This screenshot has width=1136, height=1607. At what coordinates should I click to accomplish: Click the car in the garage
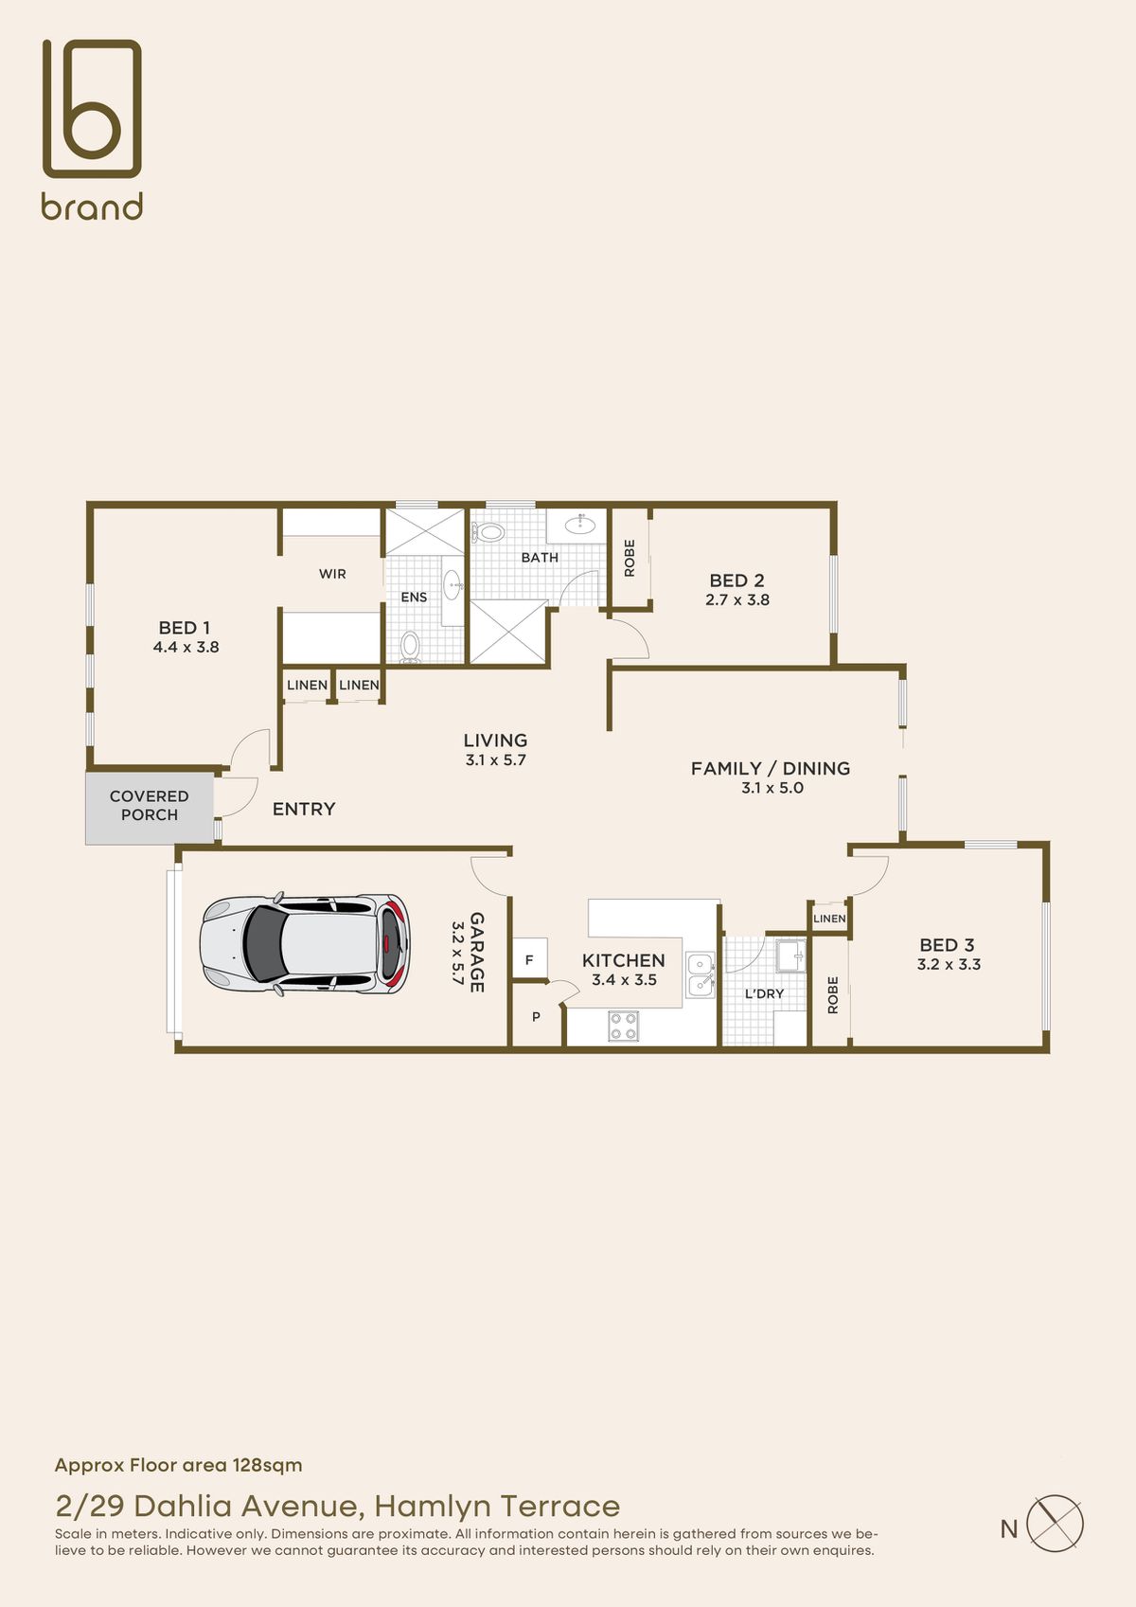click(x=306, y=944)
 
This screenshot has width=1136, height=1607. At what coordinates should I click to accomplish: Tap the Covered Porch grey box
click(x=150, y=807)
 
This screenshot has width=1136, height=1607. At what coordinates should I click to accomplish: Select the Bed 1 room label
click(x=185, y=628)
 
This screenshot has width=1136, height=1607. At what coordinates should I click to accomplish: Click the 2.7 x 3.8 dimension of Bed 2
click(x=737, y=600)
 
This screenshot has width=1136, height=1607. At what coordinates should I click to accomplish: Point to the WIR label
click(x=332, y=574)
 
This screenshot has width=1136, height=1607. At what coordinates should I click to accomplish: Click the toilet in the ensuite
click(x=410, y=646)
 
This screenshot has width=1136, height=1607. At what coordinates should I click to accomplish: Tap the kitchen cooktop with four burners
click(x=623, y=1026)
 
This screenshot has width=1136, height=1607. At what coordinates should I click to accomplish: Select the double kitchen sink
click(x=701, y=975)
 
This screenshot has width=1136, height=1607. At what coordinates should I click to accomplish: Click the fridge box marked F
click(x=529, y=960)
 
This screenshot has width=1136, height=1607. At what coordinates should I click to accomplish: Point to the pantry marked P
click(x=536, y=1017)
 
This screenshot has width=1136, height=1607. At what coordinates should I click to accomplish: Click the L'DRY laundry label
click(x=764, y=993)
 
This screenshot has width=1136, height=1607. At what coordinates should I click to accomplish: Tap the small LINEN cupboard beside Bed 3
click(x=829, y=919)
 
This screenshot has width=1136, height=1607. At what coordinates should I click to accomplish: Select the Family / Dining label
click(x=770, y=769)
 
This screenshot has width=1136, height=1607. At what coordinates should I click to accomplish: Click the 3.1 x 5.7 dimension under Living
click(x=495, y=760)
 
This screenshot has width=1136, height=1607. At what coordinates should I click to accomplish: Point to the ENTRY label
click(x=304, y=809)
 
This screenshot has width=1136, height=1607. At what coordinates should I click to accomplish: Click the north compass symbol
click(x=1054, y=1524)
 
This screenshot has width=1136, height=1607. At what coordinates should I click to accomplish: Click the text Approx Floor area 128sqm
click(x=179, y=1465)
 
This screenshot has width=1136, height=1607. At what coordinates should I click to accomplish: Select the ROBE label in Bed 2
click(x=630, y=558)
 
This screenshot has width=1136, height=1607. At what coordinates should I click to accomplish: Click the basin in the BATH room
click(x=579, y=523)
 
